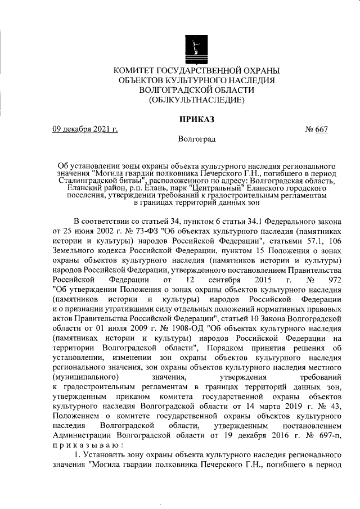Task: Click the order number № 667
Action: point(316,129)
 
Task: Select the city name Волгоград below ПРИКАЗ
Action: point(196,138)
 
